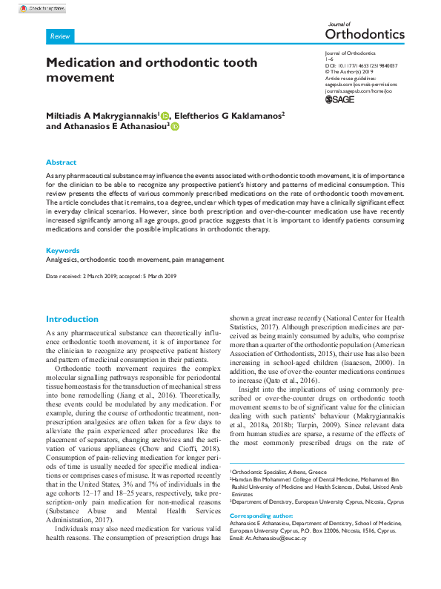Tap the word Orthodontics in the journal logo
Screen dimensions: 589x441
[365, 34]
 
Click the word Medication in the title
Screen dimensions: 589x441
[82, 63]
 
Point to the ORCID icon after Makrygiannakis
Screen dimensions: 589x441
[165, 116]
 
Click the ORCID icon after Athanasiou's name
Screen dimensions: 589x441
[176, 127]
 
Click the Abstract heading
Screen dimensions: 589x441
[61, 162]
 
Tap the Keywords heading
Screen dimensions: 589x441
[63, 251]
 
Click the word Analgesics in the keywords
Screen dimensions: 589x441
[62, 260]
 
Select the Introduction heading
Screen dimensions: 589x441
[72, 318]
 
